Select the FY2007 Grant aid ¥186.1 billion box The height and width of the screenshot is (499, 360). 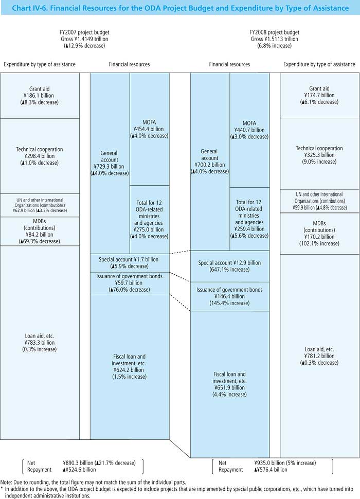40,96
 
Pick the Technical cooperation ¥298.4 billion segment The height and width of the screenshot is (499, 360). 40,156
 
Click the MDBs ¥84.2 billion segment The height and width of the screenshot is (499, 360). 40,231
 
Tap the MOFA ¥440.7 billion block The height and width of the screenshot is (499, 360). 249,130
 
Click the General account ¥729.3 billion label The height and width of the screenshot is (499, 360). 110,163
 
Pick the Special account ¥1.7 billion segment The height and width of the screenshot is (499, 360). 130,263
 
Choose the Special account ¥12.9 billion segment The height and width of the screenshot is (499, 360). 230,266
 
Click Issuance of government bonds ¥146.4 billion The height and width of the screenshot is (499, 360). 230,296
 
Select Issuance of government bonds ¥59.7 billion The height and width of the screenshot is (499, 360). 130,283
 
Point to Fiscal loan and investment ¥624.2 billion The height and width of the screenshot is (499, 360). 130,366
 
